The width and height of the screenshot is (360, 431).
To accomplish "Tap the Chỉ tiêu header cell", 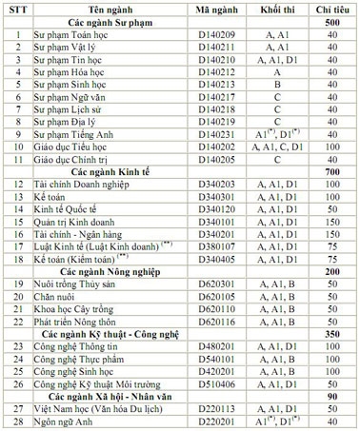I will coord(332,8).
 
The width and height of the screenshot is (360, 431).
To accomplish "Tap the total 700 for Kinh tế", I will coord(332,170).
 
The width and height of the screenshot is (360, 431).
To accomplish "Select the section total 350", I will coord(332,333).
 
